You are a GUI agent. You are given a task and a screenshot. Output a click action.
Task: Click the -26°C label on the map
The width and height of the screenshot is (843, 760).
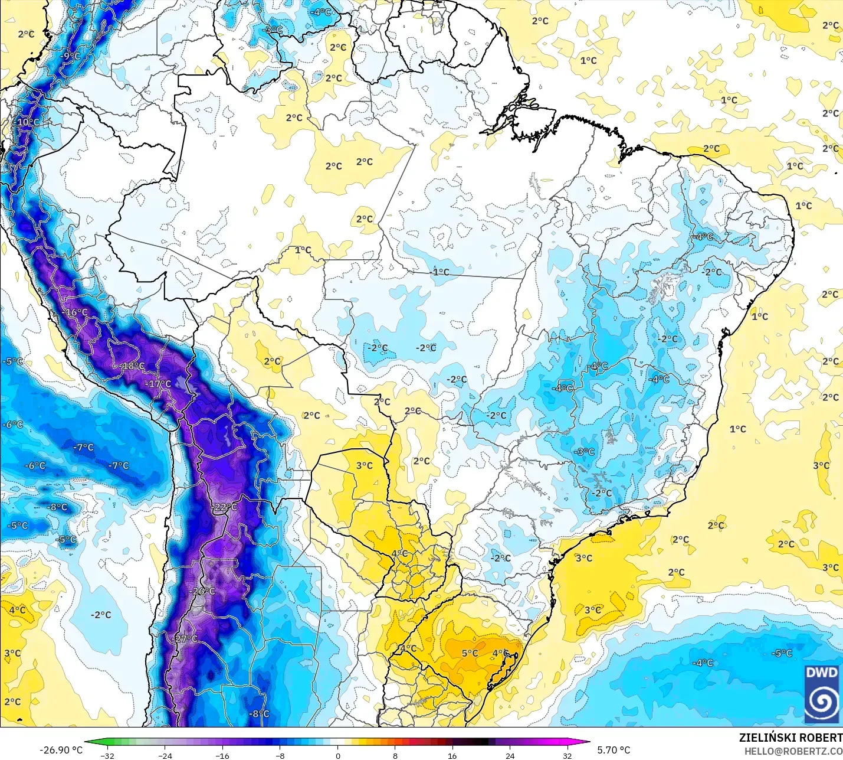pyautogui.click(x=204, y=591)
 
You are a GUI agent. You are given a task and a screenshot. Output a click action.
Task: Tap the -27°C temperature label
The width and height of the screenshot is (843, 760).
pyautogui.click(x=186, y=639)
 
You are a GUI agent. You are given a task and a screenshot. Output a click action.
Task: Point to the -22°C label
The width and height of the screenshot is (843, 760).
pyautogui.click(x=225, y=507)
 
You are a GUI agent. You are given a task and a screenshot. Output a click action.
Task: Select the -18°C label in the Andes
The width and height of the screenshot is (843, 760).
pyautogui.click(x=133, y=366)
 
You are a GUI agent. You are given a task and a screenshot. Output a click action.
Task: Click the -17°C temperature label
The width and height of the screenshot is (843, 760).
pyautogui.click(x=159, y=384)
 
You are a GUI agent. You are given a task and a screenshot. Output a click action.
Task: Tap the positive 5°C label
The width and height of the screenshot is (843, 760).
pyautogui.click(x=470, y=653)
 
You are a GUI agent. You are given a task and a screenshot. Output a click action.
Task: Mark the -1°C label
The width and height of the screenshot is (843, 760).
pyautogui.click(x=441, y=272)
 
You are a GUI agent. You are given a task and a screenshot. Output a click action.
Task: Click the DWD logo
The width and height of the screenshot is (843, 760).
pyautogui.click(x=822, y=694)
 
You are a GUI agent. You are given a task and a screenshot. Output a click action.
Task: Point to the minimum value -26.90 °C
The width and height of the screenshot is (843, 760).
pyautogui.click(x=61, y=750)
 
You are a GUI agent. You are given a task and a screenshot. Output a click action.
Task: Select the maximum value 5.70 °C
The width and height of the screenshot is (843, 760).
pyautogui.click(x=614, y=750)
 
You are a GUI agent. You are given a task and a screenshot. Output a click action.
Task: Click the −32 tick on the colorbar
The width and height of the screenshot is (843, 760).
pyautogui.click(x=107, y=755)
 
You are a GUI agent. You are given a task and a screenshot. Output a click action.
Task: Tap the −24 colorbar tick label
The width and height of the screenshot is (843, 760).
pyautogui.click(x=165, y=755)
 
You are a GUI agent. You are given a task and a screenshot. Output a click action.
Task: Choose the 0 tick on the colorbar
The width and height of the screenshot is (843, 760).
pyautogui.click(x=337, y=755)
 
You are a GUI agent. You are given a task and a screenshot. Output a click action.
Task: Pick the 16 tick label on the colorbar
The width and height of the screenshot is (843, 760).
pyautogui.click(x=452, y=755)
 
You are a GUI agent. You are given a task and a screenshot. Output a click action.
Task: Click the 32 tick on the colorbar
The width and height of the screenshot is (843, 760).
pyautogui.click(x=567, y=755)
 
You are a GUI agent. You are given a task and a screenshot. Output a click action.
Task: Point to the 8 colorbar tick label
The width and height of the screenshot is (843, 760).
pyautogui.click(x=395, y=755)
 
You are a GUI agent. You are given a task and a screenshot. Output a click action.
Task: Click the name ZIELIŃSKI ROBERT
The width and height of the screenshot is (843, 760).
pyautogui.click(x=790, y=738)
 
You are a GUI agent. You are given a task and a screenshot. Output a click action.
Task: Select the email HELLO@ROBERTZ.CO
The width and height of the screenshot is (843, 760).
pyautogui.click(x=793, y=751)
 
